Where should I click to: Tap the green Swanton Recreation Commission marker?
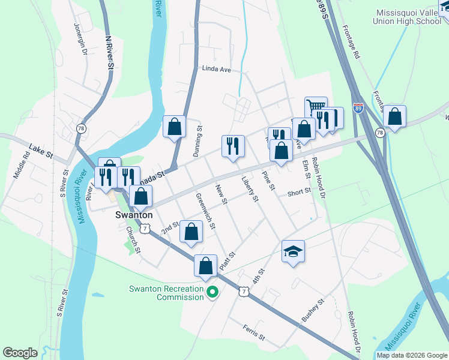pyautogui.click(x=212, y=293)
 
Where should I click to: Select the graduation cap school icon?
pyautogui.click(x=293, y=251)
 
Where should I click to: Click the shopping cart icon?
pyautogui.click(x=316, y=107)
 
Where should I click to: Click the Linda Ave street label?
pyautogui.click(x=216, y=69)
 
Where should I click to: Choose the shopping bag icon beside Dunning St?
pyautogui.click(x=174, y=127)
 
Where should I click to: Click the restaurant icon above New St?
pyautogui.click(x=232, y=146)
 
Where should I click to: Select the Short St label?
pyautogui.click(x=298, y=193)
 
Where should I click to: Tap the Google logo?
pyautogui.click(x=20, y=353)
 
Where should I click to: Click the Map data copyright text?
pyautogui.click(x=412, y=355)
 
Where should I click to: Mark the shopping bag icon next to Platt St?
pyautogui.click(x=205, y=265)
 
